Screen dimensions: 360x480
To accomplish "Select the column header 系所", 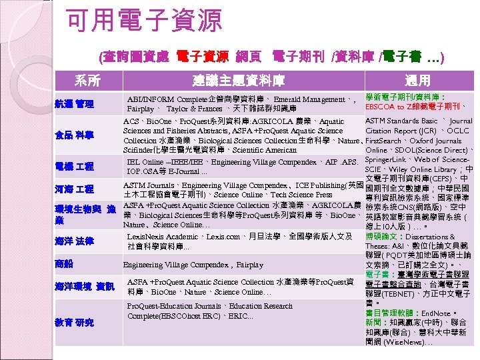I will [x=87, y=81].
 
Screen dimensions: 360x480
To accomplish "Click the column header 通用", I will [x=417, y=81].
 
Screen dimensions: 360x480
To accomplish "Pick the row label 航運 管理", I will [x=74, y=104].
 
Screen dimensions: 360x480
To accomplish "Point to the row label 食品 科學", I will [x=74, y=135].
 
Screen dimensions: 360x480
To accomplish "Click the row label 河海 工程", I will [x=74, y=191].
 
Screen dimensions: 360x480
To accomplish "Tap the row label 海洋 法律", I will [x=74, y=241].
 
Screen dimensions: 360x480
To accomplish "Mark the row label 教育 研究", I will [x=74, y=323].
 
